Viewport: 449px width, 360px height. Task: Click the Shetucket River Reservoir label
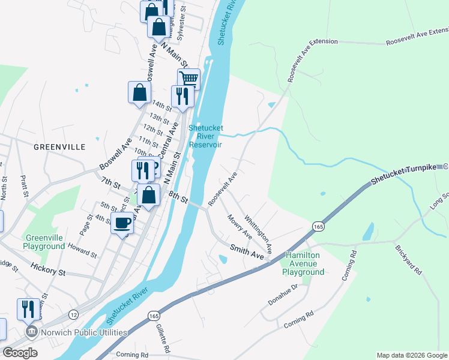[205, 136]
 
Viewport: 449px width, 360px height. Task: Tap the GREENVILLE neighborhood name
[59, 146]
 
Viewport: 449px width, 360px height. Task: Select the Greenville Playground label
[44, 242]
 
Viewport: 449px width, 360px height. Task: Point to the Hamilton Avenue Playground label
[304, 263]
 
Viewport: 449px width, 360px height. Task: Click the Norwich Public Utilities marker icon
[29, 332]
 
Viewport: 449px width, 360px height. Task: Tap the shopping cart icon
[188, 79]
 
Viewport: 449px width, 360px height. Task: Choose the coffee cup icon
[122, 223]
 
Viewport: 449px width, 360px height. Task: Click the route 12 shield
[73, 314]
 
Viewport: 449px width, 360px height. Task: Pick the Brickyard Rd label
[409, 260]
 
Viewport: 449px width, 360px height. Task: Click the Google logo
[20, 353]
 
